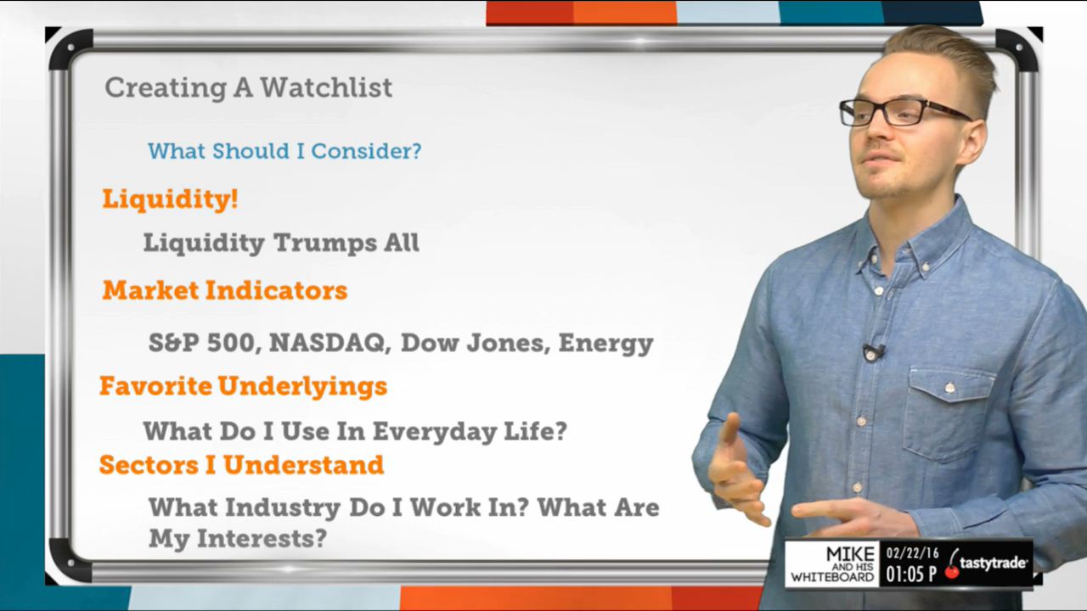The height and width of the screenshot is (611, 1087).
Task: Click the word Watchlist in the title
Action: pos(326,87)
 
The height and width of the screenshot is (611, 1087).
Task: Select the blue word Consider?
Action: pos(366,151)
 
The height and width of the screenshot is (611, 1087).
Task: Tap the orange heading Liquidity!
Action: pos(170,199)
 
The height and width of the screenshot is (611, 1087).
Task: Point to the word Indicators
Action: pos(277,290)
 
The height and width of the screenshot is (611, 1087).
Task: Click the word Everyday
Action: pos(435,432)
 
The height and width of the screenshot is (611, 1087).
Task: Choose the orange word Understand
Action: pos(303,464)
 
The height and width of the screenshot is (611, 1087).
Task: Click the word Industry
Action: pos(283,508)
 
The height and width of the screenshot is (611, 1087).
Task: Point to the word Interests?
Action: pos(262,538)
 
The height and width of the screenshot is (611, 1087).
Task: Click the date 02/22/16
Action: pos(912,553)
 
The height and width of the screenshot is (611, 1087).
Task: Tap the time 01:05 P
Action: pos(911,575)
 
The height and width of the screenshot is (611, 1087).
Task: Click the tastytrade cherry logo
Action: pos(986,564)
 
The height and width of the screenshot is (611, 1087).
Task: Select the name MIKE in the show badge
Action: pos(851,554)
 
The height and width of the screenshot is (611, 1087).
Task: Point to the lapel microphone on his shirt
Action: pos(873,352)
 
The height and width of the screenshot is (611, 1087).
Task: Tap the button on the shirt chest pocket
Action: pos(949,388)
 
